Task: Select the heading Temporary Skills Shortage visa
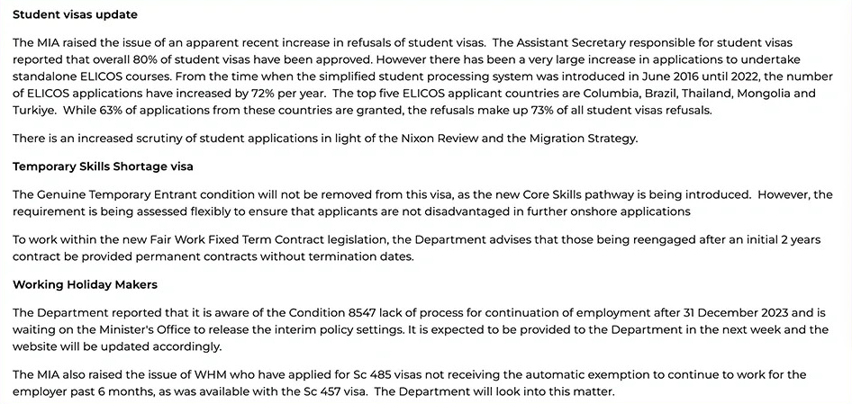coord(103,166)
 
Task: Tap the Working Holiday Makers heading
coord(85,284)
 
